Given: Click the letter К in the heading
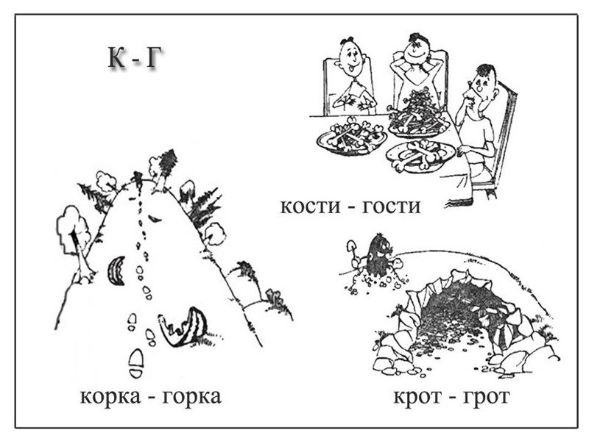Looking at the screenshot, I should click(x=117, y=58).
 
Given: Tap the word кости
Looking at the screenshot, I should click(x=310, y=206).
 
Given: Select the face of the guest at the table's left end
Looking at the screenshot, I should click(x=347, y=59).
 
